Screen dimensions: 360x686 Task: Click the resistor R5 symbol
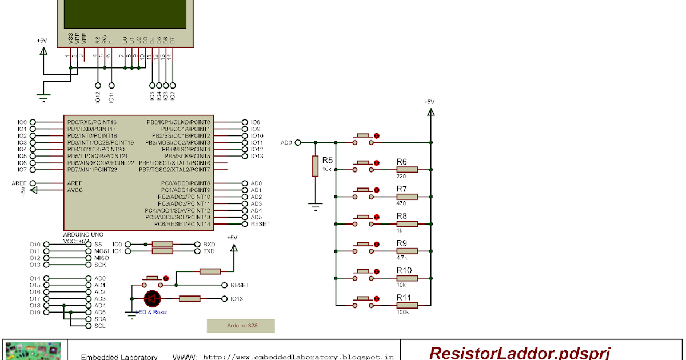314,166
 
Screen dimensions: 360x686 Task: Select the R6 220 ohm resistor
407,169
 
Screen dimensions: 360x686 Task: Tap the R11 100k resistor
407,305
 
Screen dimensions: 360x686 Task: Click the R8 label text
401,216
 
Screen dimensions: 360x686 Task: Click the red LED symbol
152,298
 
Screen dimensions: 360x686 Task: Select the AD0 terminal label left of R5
286,142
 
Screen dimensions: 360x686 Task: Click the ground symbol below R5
314,206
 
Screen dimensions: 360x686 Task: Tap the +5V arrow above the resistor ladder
429,112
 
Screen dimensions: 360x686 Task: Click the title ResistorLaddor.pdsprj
520,353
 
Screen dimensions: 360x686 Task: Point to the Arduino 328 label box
241,326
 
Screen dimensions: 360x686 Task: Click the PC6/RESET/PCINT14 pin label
178,225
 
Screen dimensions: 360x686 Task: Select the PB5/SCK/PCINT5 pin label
178,156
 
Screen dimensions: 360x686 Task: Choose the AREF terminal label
19,183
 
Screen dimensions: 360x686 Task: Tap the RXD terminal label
209,244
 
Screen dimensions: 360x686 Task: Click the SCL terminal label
100,326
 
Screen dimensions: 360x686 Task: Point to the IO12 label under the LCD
98,97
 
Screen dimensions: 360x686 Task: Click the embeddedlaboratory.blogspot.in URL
298,357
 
